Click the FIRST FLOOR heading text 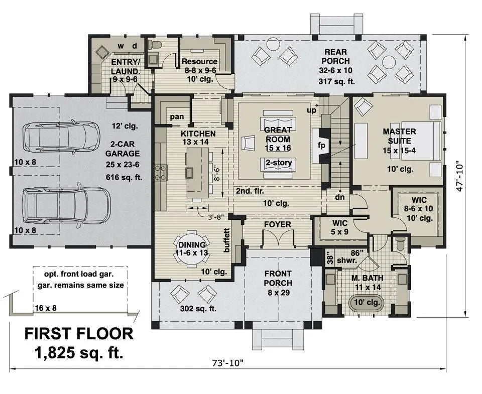pyautogui.click(x=79, y=333)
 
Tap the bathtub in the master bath pyautogui.click(x=366, y=303)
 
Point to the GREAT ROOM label pyautogui.click(x=278, y=134)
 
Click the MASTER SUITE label pyautogui.click(x=400, y=136)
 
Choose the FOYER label pyautogui.click(x=278, y=224)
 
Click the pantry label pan pyautogui.click(x=176, y=116)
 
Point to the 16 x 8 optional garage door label pyautogui.click(x=46, y=308)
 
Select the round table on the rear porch pyautogui.click(x=389, y=62)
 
